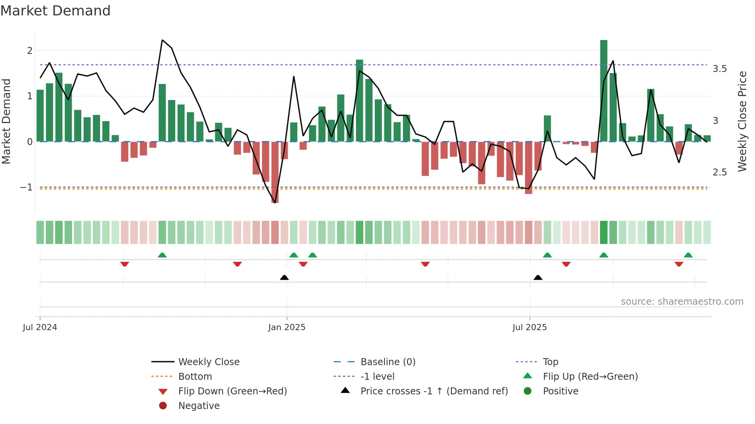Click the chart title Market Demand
(55, 11)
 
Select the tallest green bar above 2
(604, 90)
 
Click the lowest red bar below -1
(275, 172)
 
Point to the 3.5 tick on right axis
(720, 69)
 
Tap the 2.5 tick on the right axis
(720, 172)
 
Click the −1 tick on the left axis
(26, 187)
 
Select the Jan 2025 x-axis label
(287, 327)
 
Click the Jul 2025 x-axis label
(529, 327)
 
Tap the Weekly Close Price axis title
(742, 121)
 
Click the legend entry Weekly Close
(208, 362)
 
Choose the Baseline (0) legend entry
(388, 362)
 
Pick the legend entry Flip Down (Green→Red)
(232, 391)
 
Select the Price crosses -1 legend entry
(434, 391)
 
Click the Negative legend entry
(199, 406)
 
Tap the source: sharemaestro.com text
(682, 302)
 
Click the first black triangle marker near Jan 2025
(284, 277)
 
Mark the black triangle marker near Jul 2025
(538, 277)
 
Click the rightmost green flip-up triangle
(688, 255)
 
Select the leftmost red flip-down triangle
(124, 264)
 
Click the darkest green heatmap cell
(604, 232)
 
